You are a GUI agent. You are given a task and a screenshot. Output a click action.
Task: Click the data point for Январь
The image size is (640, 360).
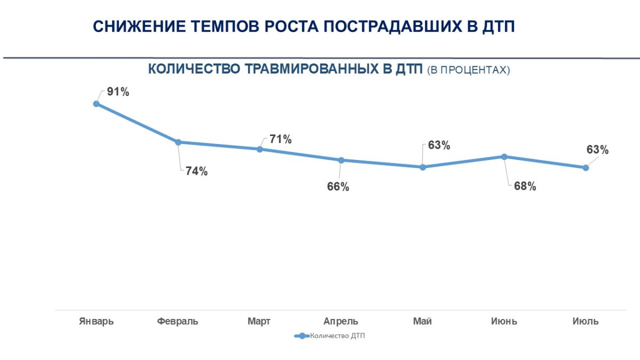(97, 104)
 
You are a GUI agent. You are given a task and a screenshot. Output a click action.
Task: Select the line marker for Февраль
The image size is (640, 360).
(178, 142)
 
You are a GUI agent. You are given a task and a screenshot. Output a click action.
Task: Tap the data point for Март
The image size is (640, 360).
(260, 149)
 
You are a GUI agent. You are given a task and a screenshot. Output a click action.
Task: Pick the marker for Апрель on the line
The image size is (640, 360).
(341, 160)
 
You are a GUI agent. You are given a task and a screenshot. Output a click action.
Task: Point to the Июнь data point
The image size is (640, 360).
(504, 156)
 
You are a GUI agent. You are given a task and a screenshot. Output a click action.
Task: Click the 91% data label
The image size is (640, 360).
(118, 92)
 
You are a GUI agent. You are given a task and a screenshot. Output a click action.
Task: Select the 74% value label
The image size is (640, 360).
(197, 172)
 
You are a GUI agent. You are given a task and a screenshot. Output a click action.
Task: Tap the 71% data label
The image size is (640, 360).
(281, 140)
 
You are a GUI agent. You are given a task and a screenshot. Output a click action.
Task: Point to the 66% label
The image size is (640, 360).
(338, 187)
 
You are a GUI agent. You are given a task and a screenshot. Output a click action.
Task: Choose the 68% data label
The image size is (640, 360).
(525, 187)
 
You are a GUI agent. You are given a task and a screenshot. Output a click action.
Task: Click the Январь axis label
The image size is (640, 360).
(97, 322)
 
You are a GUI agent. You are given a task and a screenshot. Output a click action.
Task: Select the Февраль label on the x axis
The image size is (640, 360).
(178, 322)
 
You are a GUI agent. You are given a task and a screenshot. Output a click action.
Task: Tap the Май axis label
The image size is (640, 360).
(422, 322)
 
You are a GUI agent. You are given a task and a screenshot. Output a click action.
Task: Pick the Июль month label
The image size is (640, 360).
(586, 322)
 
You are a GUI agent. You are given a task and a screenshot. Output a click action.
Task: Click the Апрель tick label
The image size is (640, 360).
(341, 322)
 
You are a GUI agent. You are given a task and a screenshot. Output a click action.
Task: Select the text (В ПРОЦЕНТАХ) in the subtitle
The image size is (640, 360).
(469, 70)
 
